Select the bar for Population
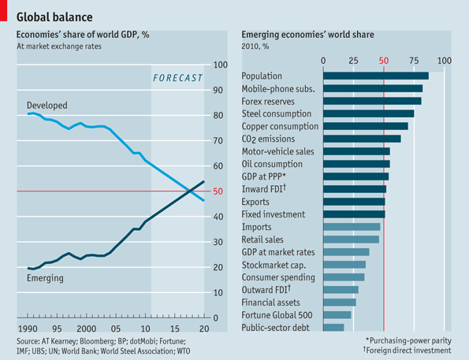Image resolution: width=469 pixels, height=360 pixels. (376, 76)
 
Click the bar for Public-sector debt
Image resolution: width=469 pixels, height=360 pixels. (333, 327)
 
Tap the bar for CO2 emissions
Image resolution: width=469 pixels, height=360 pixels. (362, 139)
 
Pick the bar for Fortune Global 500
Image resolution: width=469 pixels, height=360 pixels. (337, 314)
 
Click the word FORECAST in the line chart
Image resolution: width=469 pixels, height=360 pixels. (177, 77)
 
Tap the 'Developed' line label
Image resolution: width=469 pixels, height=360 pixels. (47, 105)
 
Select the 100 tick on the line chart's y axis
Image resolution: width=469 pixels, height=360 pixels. (220, 65)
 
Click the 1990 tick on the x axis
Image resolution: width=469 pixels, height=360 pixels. (28, 328)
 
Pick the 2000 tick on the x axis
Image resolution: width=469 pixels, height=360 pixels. (86, 328)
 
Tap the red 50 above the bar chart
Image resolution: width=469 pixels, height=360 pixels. (384, 61)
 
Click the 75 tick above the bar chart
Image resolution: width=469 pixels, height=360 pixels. (414, 61)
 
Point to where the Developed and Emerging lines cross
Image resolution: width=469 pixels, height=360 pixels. (189, 191)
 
